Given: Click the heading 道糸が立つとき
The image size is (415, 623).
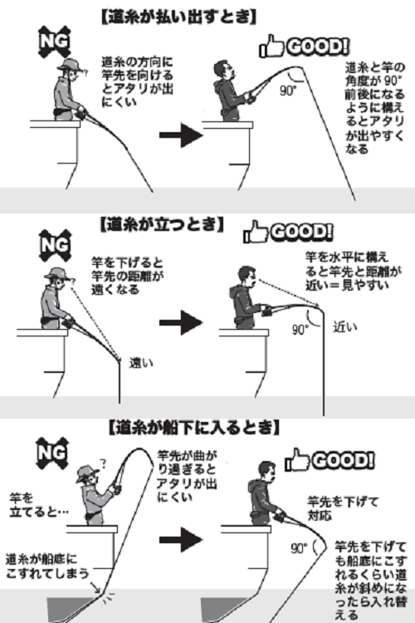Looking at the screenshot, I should click(160, 224).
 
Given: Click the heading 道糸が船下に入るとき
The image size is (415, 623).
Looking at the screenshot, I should click(193, 428).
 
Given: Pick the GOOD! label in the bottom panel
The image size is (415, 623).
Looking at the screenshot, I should click(329, 459).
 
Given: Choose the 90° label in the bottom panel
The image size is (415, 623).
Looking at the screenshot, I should click(299, 548).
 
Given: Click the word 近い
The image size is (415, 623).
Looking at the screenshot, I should click(344, 326).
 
